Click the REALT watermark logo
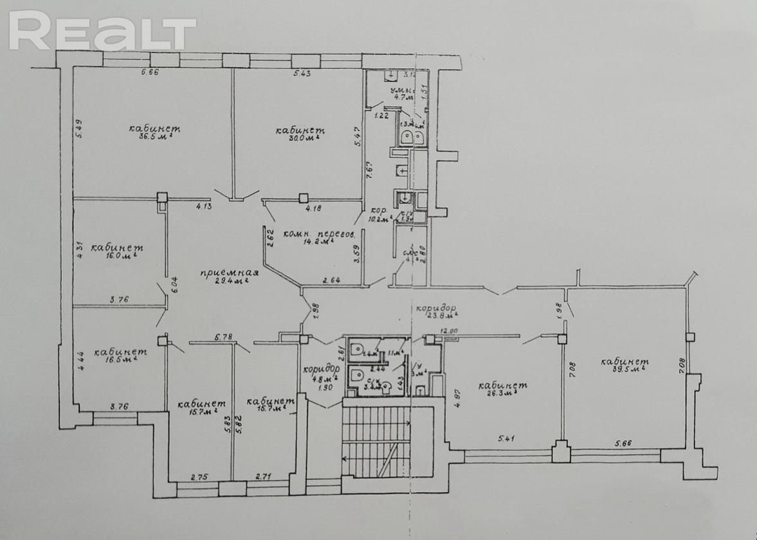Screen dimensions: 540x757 (103, 31)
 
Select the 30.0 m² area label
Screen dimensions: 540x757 (300, 138)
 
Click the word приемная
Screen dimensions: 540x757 (224, 271)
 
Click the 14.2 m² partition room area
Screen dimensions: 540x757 (318, 242)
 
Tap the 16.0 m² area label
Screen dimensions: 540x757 (118, 256)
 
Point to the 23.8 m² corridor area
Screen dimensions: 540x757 (440, 316)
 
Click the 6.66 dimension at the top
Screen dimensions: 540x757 (149, 72)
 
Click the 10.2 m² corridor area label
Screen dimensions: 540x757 (379, 219)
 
